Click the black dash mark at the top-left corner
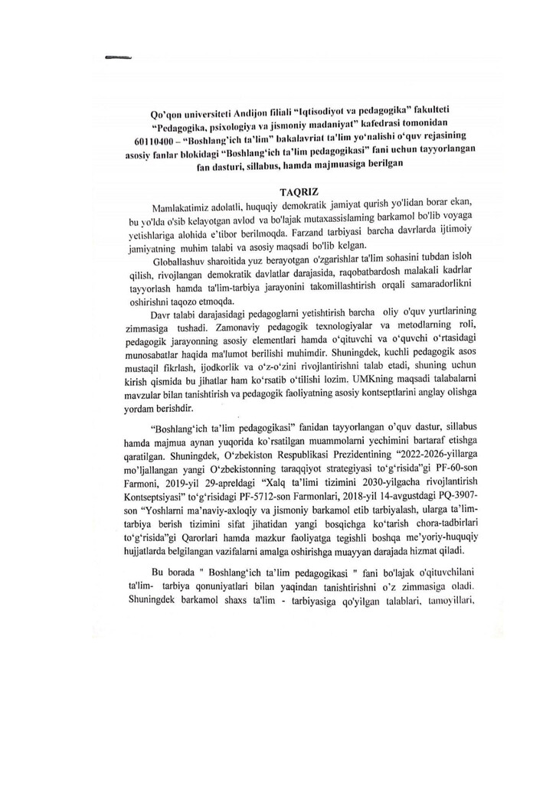(x=118, y=56)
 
